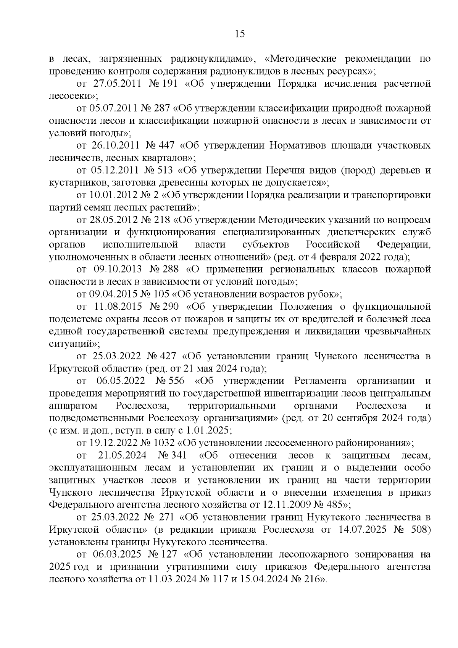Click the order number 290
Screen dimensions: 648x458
[169, 307]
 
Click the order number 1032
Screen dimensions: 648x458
[164, 443]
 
